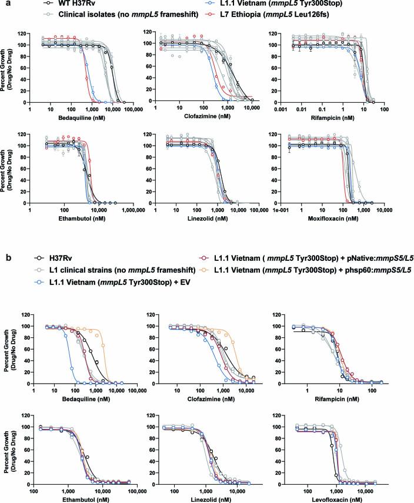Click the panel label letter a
[x=5, y=4]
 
